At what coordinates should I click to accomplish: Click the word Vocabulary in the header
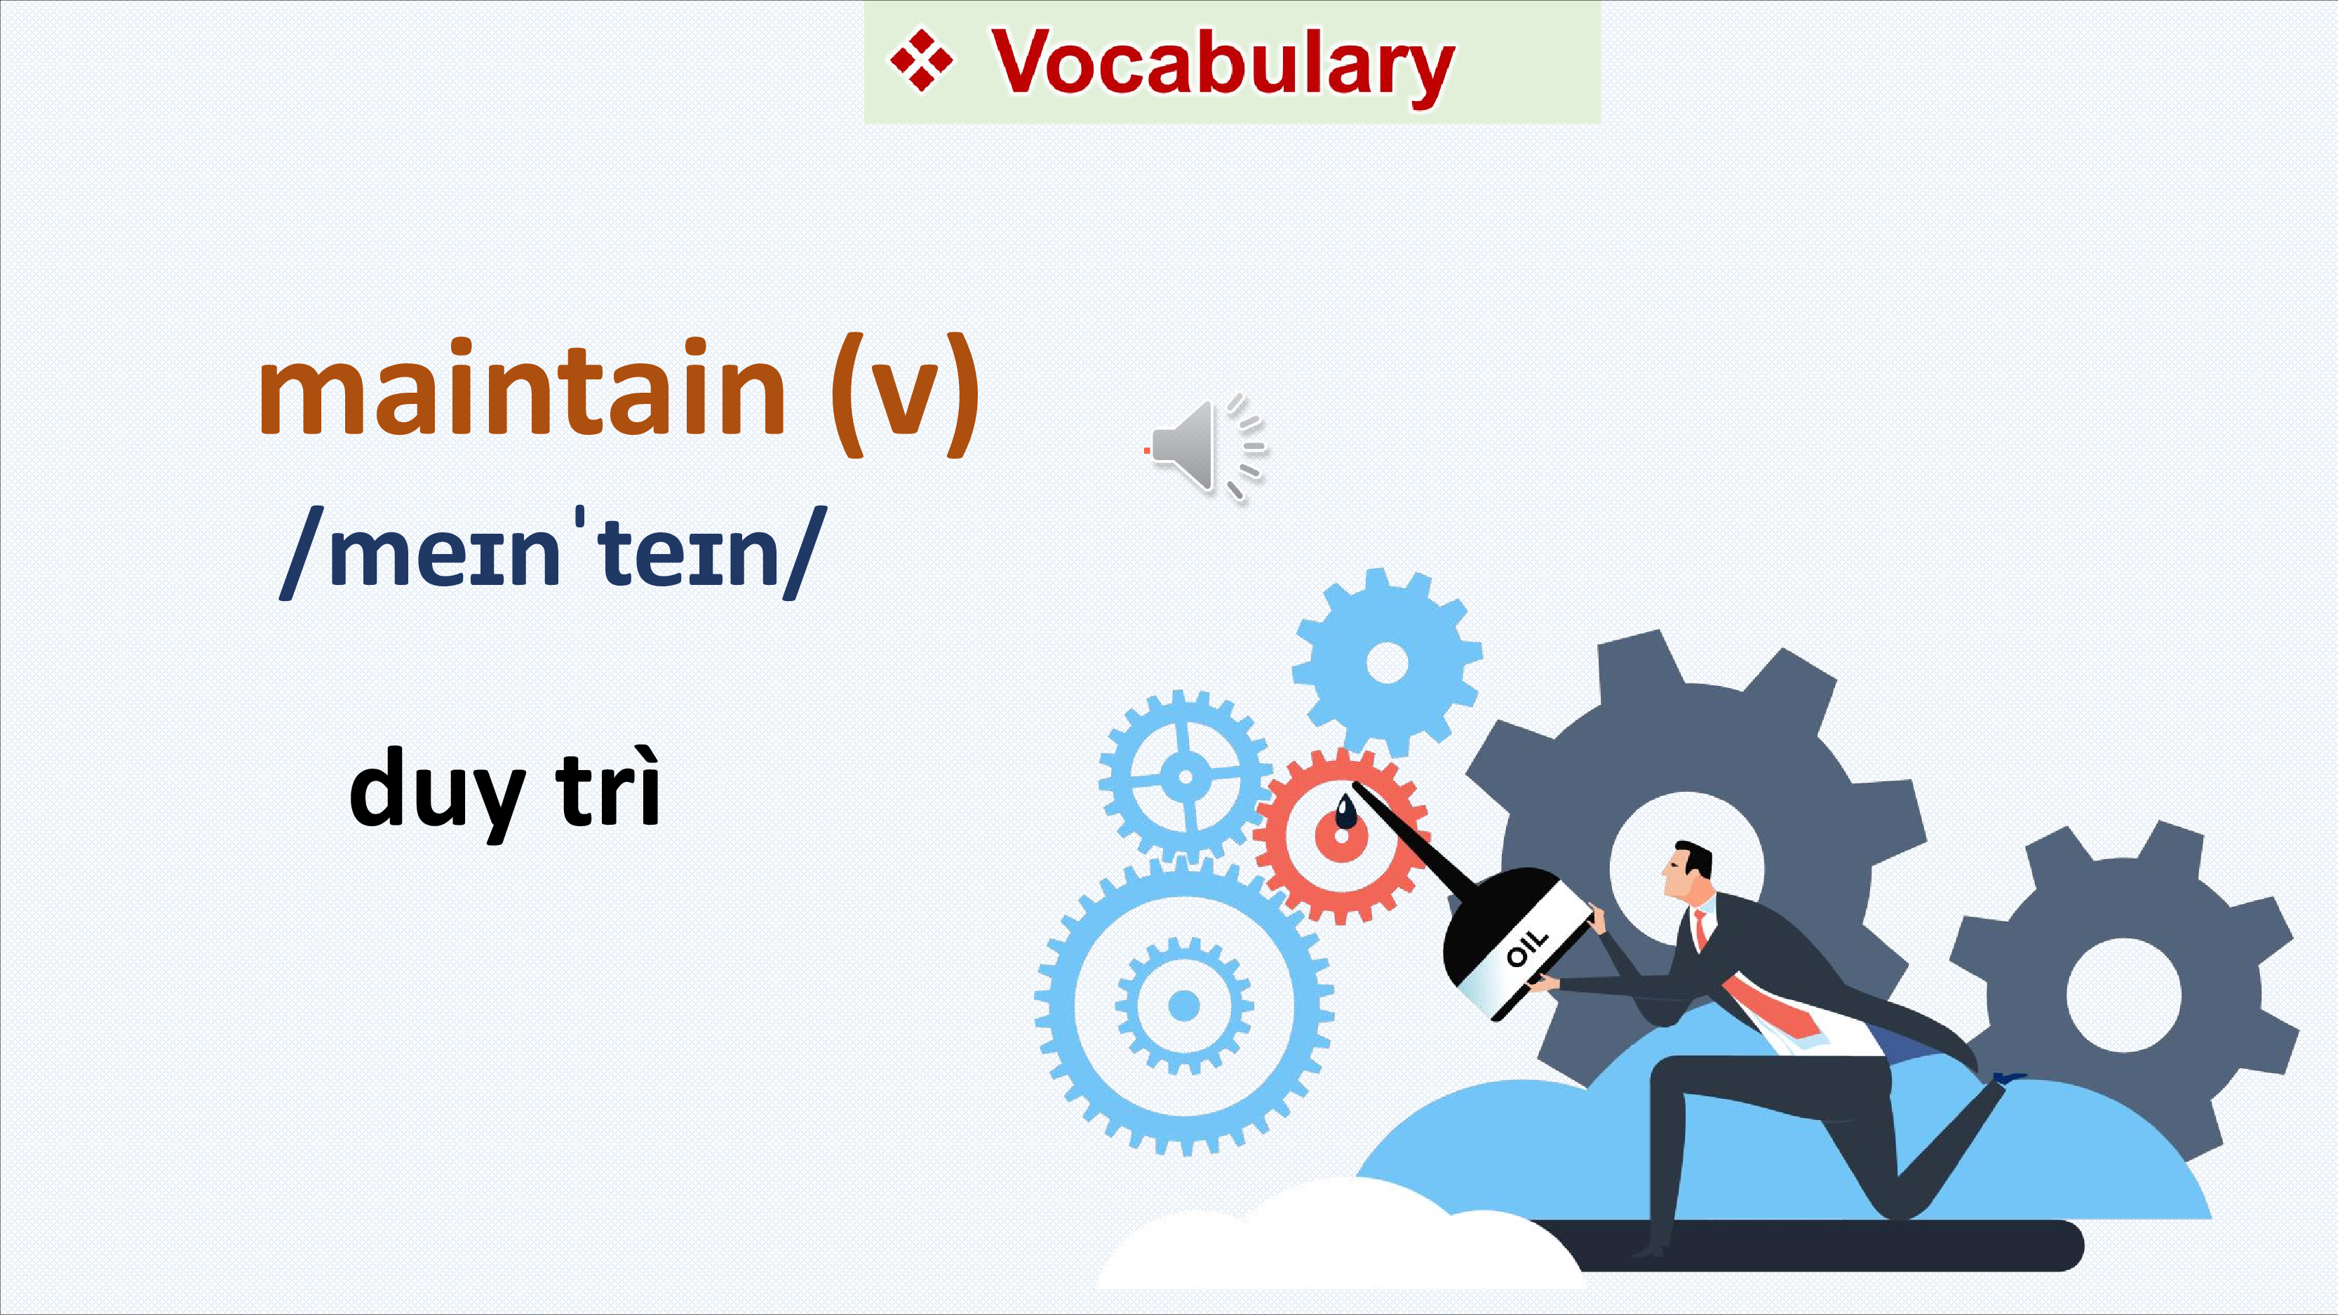pos(1222,65)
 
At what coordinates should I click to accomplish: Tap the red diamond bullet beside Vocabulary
pos(921,61)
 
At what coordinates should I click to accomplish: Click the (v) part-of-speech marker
pos(905,396)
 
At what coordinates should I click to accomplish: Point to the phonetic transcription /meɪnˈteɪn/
pos(553,553)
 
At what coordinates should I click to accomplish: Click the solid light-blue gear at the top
pos(1387,663)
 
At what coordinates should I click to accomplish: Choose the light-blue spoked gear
pos(1184,776)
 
